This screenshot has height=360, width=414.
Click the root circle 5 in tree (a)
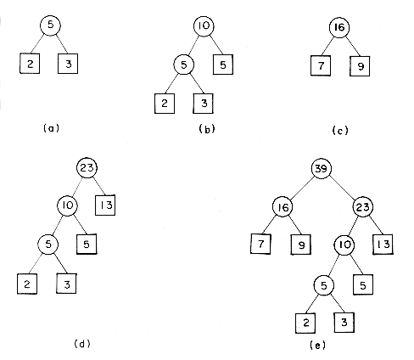(50, 25)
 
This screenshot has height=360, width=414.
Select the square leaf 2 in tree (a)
(30, 64)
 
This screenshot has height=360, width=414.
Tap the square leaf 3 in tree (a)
(68, 64)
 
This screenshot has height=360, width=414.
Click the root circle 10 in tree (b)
(204, 26)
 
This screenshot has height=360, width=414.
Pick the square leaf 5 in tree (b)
(223, 65)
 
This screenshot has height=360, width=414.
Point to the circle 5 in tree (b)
(184, 65)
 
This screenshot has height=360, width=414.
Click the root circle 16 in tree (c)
(339, 27)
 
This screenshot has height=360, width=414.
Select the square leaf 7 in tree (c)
(321, 66)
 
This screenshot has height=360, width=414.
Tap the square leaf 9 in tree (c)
(360, 66)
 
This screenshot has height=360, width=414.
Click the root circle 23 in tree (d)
(87, 168)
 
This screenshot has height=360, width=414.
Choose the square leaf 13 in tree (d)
(105, 205)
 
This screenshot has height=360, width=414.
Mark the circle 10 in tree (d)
(68, 205)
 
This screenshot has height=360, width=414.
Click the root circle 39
(322, 169)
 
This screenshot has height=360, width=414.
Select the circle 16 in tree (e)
(283, 207)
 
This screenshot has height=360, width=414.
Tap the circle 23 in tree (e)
(363, 207)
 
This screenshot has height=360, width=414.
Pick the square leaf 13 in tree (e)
(383, 245)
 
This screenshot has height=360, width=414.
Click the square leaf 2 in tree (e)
(305, 323)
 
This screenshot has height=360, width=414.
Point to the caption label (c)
(340, 131)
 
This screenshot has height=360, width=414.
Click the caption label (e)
(318, 346)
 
